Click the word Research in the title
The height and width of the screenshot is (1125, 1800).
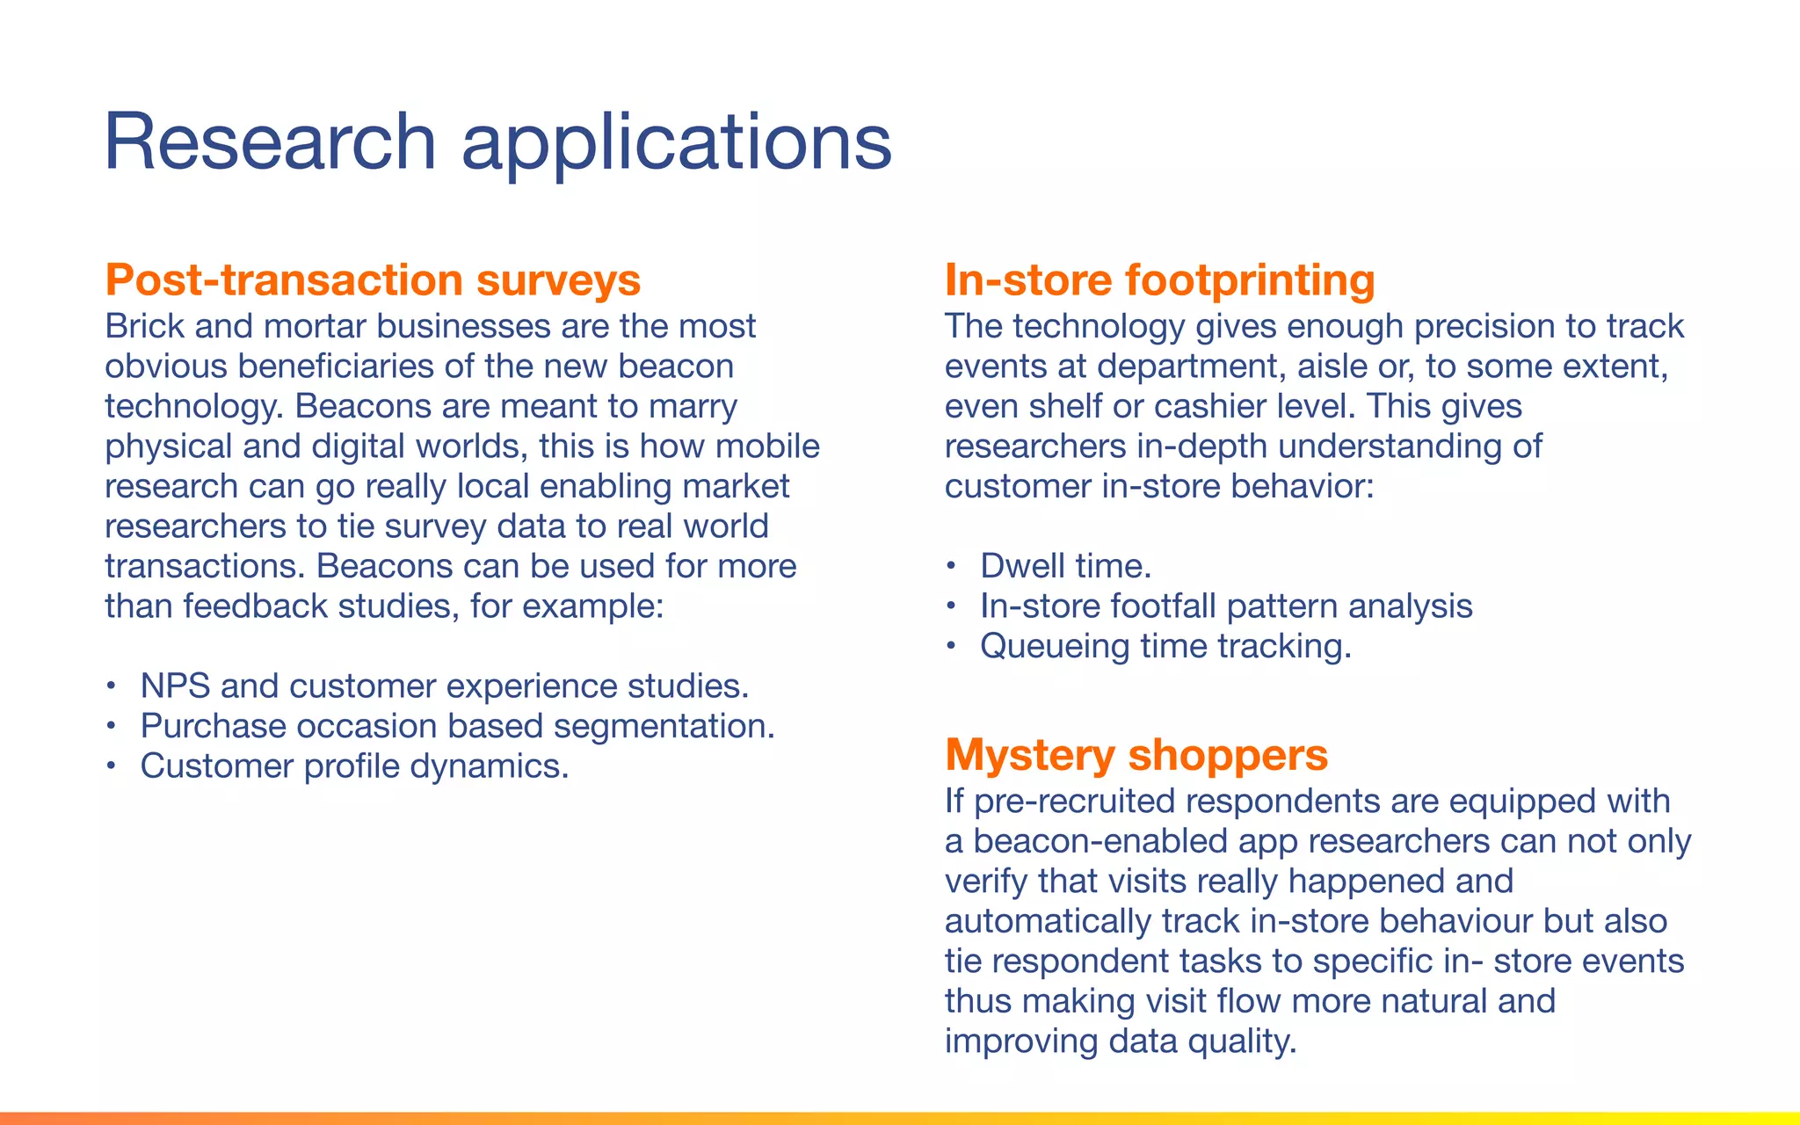coord(270,142)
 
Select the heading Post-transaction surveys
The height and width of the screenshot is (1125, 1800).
coord(373,280)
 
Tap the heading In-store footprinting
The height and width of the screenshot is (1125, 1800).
coord(1159,280)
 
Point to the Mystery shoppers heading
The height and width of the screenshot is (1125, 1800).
coord(1136,755)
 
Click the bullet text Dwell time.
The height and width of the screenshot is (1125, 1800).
coord(1065,566)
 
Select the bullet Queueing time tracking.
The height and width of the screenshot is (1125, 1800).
coord(1165,646)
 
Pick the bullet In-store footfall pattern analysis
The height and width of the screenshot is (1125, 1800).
coord(1226,606)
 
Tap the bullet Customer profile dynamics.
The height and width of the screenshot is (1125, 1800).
coord(354,766)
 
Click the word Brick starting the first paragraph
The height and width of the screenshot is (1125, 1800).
coord(145,327)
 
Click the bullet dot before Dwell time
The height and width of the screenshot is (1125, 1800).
coord(949,567)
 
